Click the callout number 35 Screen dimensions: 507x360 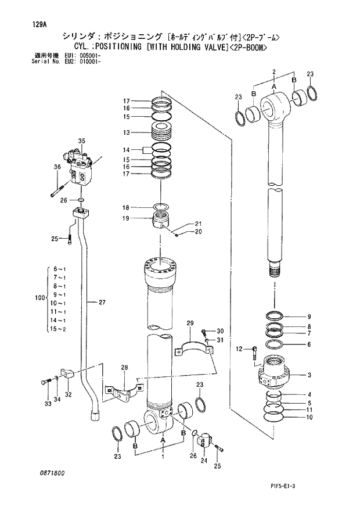coord(81,141)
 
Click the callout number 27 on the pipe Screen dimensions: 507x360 coord(102,302)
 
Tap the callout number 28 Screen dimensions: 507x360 coord(124,367)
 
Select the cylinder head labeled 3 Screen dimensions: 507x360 coord(275,372)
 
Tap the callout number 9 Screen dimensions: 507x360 coord(309,316)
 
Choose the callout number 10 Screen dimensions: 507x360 coord(309,417)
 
